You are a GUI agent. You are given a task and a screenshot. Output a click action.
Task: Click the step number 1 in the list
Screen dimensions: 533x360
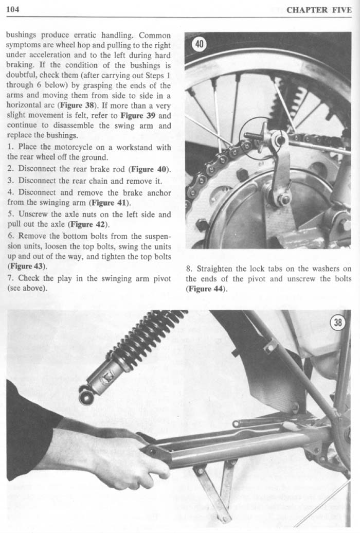[x=10, y=148]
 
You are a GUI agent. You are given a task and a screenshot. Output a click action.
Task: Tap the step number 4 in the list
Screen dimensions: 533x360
[x=10, y=192]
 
